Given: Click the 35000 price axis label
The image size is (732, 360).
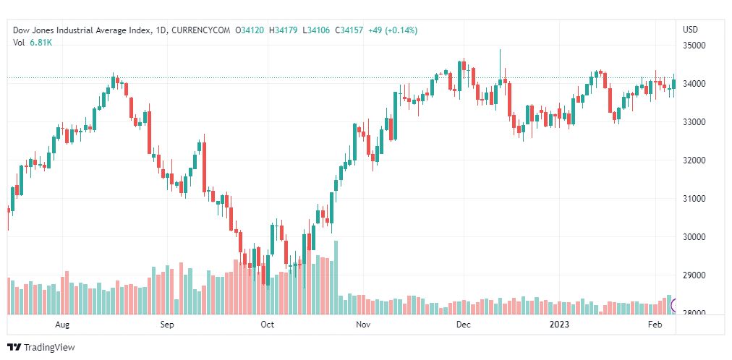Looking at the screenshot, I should tap(694, 46).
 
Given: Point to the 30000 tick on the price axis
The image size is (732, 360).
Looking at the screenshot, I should tap(694, 237).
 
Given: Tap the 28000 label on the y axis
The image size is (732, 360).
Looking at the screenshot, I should tap(694, 314).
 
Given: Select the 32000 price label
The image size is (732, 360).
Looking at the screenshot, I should tap(694, 160).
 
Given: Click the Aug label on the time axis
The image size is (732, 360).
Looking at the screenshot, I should tap(63, 325).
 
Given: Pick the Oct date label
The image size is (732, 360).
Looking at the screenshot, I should tap(268, 325).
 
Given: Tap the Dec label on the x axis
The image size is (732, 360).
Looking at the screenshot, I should tap(463, 325).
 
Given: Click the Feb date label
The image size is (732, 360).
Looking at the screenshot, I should tap(655, 325).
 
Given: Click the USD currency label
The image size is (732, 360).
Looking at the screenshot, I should tap(690, 30).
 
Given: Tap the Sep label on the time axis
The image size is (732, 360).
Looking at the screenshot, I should tap(167, 325).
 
